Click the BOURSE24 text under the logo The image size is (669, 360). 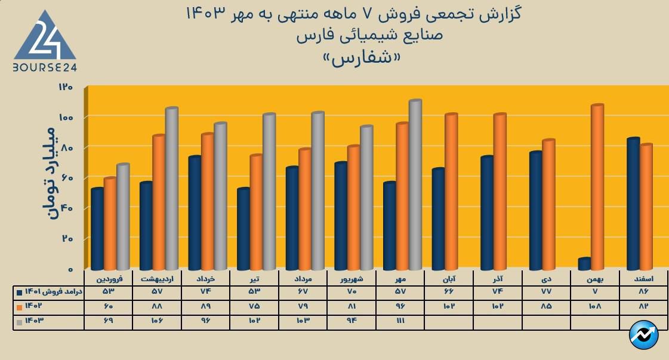tap(45, 67)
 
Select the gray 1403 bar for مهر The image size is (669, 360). tap(415, 185)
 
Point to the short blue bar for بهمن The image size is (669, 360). tap(585, 263)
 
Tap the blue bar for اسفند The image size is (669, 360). tap(634, 203)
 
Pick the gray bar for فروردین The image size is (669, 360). tap(123, 216)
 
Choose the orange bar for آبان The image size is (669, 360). tap(451, 191)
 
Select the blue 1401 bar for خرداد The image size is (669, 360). tap(195, 213)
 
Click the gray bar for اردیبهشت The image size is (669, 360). tap(172, 189)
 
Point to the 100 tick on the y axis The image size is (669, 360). tap(66, 117)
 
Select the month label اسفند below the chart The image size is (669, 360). tap(642, 279)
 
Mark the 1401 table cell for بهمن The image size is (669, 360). tap(594, 292)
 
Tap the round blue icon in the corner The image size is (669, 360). tap(643, 336)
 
